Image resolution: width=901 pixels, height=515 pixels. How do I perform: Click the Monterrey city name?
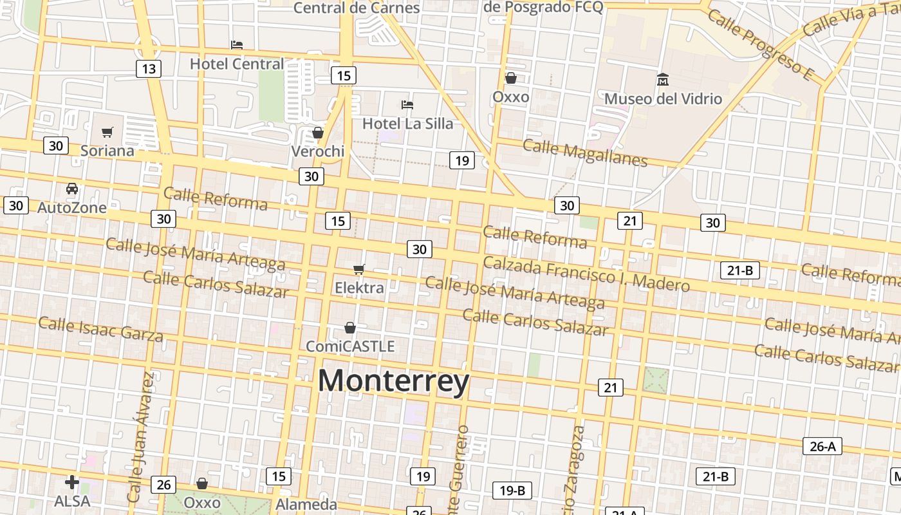click(393, 380)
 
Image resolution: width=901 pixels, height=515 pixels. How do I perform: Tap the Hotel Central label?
click(237, 64)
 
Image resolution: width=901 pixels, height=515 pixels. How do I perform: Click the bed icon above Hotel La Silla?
click(407, 104)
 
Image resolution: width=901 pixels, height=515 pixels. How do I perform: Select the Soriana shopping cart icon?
click(107, 133)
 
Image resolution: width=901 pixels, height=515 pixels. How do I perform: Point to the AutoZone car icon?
click(72, 189)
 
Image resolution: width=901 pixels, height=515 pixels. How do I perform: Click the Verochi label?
click(318, 151)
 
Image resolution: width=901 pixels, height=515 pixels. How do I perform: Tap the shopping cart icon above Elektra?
click(359, 270)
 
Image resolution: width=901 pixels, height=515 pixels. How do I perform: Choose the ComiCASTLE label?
click(350, 346)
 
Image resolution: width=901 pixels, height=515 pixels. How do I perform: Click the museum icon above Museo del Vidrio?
click(663, 80)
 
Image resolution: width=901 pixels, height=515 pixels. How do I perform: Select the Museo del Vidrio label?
click(663, 99)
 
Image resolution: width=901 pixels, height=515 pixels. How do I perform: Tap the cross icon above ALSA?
click(72, 482)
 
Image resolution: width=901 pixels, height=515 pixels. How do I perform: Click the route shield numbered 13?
click(149, 69)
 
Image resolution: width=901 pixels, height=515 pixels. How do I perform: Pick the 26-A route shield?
click(822, 446)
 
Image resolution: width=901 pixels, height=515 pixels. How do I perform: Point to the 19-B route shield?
click(512, 491)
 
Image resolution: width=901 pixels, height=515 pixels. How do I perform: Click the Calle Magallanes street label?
click(584, 152)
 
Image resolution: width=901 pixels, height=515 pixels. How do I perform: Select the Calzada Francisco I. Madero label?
click(586, 273)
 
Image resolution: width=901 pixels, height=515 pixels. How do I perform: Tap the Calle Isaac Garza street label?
click(100, 329)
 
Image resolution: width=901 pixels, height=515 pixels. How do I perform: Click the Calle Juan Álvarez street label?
click(141, 438)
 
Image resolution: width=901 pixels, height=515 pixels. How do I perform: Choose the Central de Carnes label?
click(357, 8)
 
